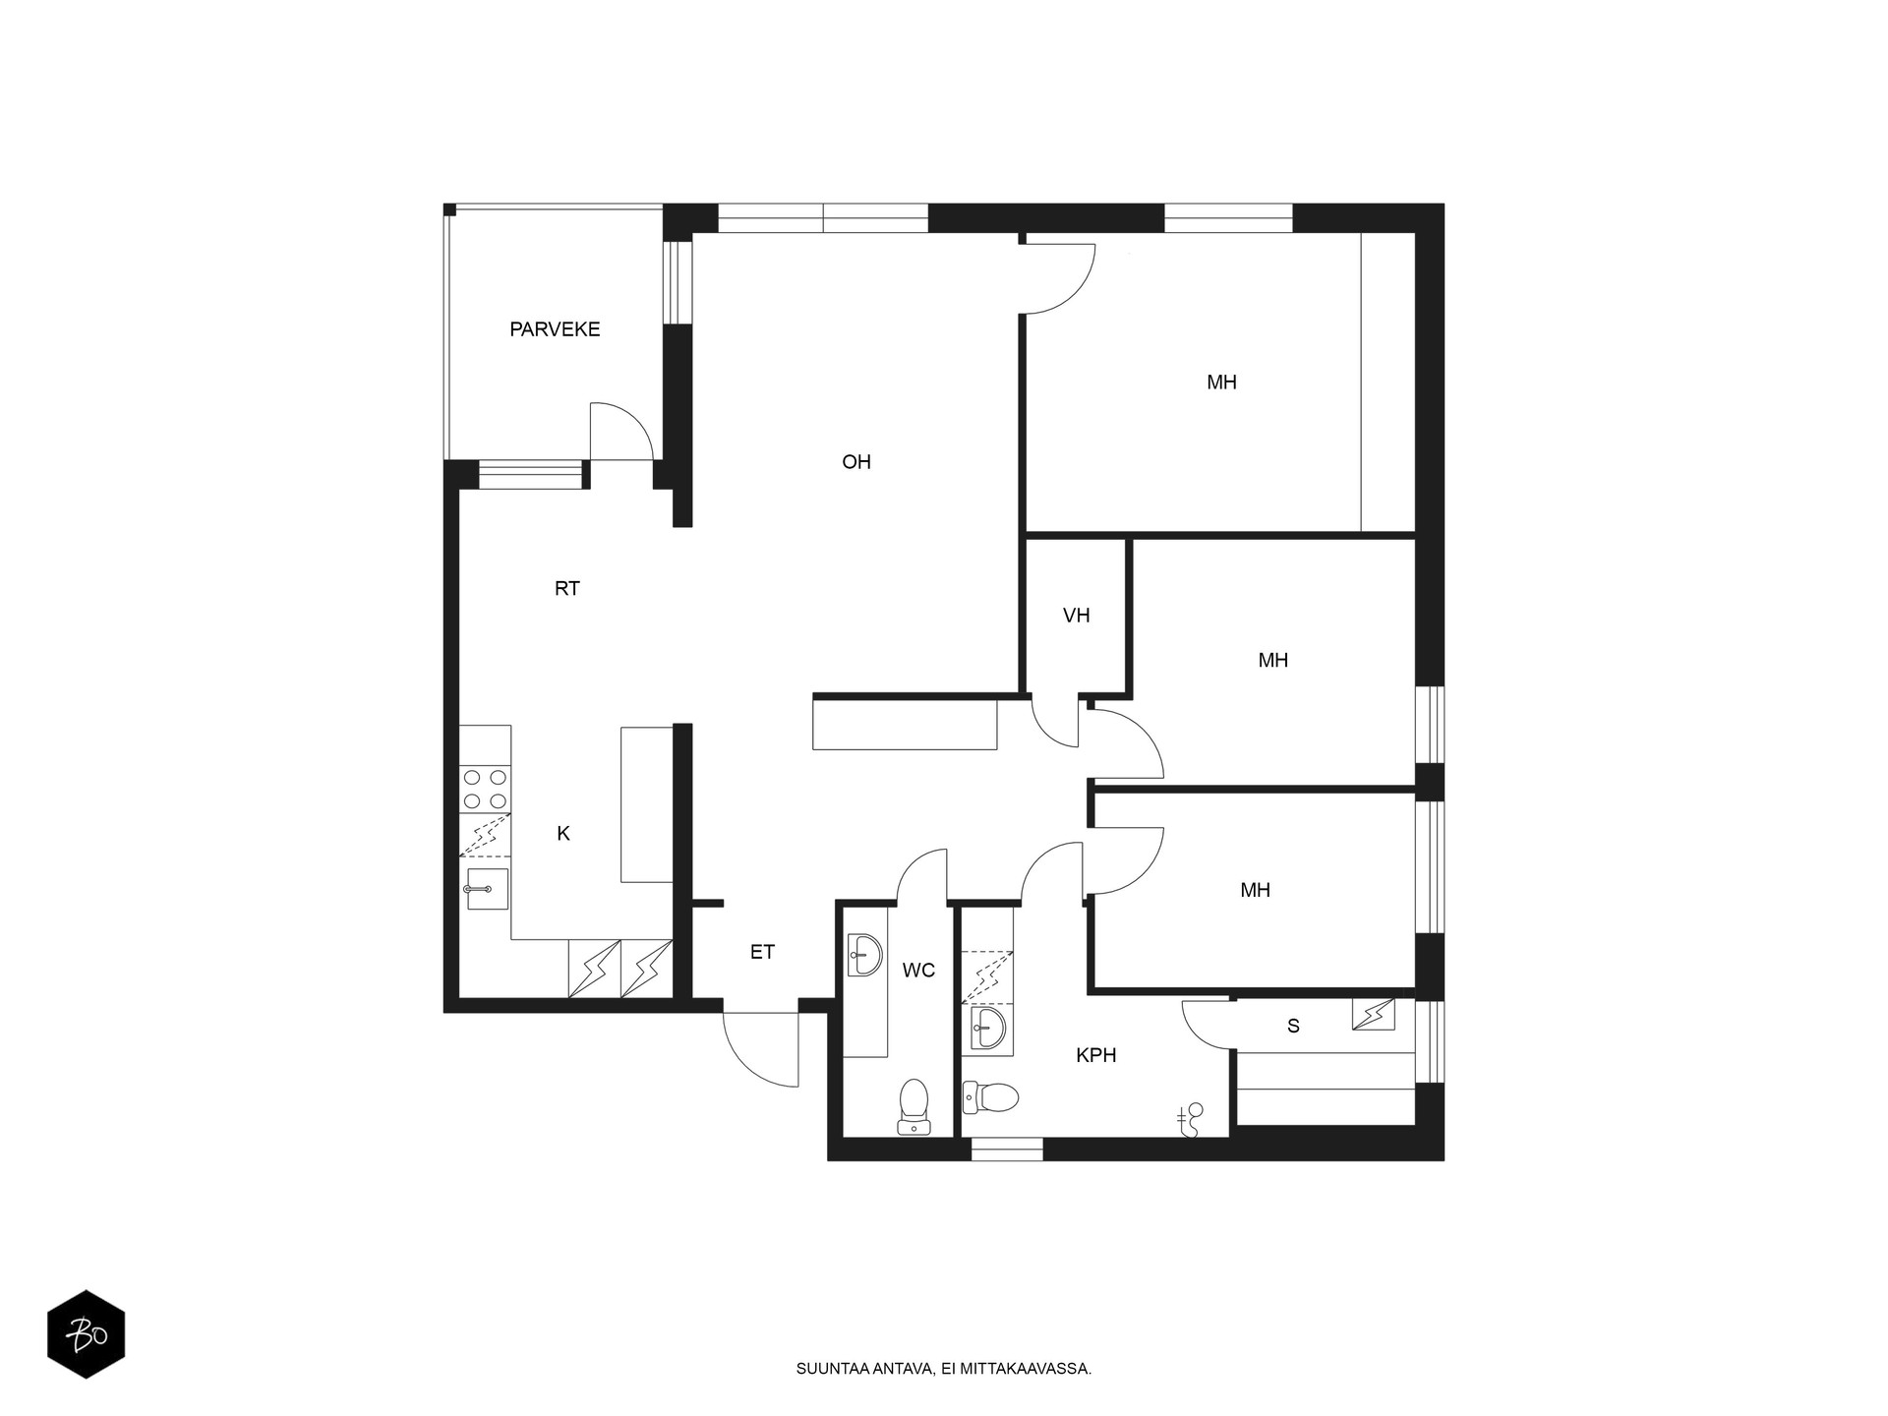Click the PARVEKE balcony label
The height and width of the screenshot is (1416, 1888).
point(555,329)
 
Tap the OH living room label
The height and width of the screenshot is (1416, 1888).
point(856,462)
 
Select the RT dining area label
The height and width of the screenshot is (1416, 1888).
point(567,589)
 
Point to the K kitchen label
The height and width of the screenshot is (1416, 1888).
point(563,834)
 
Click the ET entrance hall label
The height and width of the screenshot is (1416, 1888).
point(762,952)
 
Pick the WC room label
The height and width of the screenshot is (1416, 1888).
point(918,971)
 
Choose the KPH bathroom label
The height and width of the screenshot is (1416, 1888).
point(1096,1055)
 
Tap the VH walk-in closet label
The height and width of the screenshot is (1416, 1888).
point(1077,616)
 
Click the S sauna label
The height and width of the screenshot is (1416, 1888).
point(1293,1027)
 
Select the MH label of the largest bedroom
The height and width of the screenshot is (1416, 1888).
point(1221,383)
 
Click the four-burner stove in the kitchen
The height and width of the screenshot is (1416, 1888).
point(486,789)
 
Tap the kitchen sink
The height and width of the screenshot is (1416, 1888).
point(486,889)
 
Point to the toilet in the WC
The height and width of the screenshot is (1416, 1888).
point(914,1106)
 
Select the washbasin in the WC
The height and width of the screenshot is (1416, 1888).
point(865,955)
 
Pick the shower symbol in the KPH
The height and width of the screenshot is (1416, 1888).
point(1191,1120)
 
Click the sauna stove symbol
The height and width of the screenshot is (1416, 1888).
point(1373,1014)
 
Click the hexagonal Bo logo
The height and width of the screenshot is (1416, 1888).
point(87,1334)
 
